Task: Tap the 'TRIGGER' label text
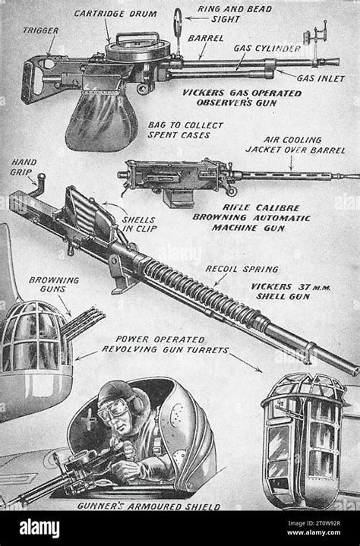point(40,30)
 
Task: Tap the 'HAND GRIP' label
point(24,166)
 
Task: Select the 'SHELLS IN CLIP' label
point(140,227)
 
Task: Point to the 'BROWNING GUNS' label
point(54,284)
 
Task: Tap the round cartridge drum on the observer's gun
point(127,51)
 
